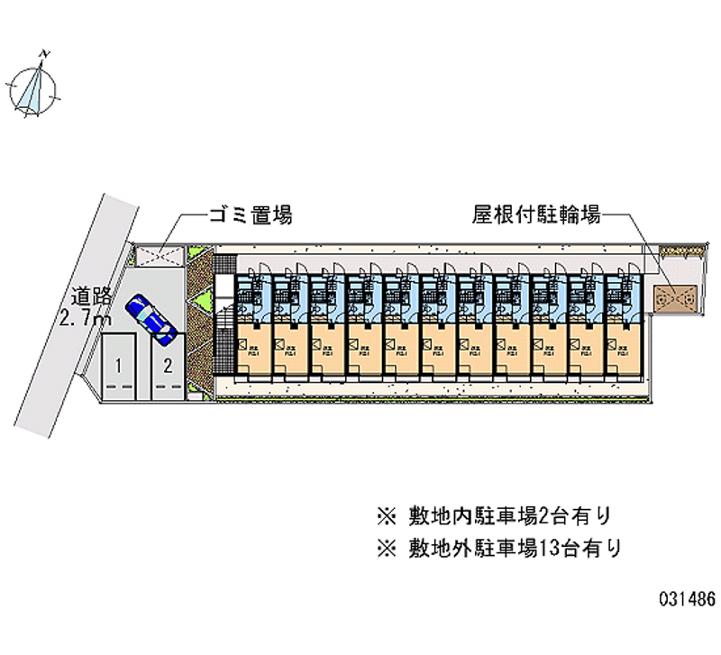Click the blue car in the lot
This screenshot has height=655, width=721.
(x=151, y=318)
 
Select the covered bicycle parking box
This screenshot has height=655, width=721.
(x=676, y=296)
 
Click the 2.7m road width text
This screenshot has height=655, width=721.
(x=83, y=318)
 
